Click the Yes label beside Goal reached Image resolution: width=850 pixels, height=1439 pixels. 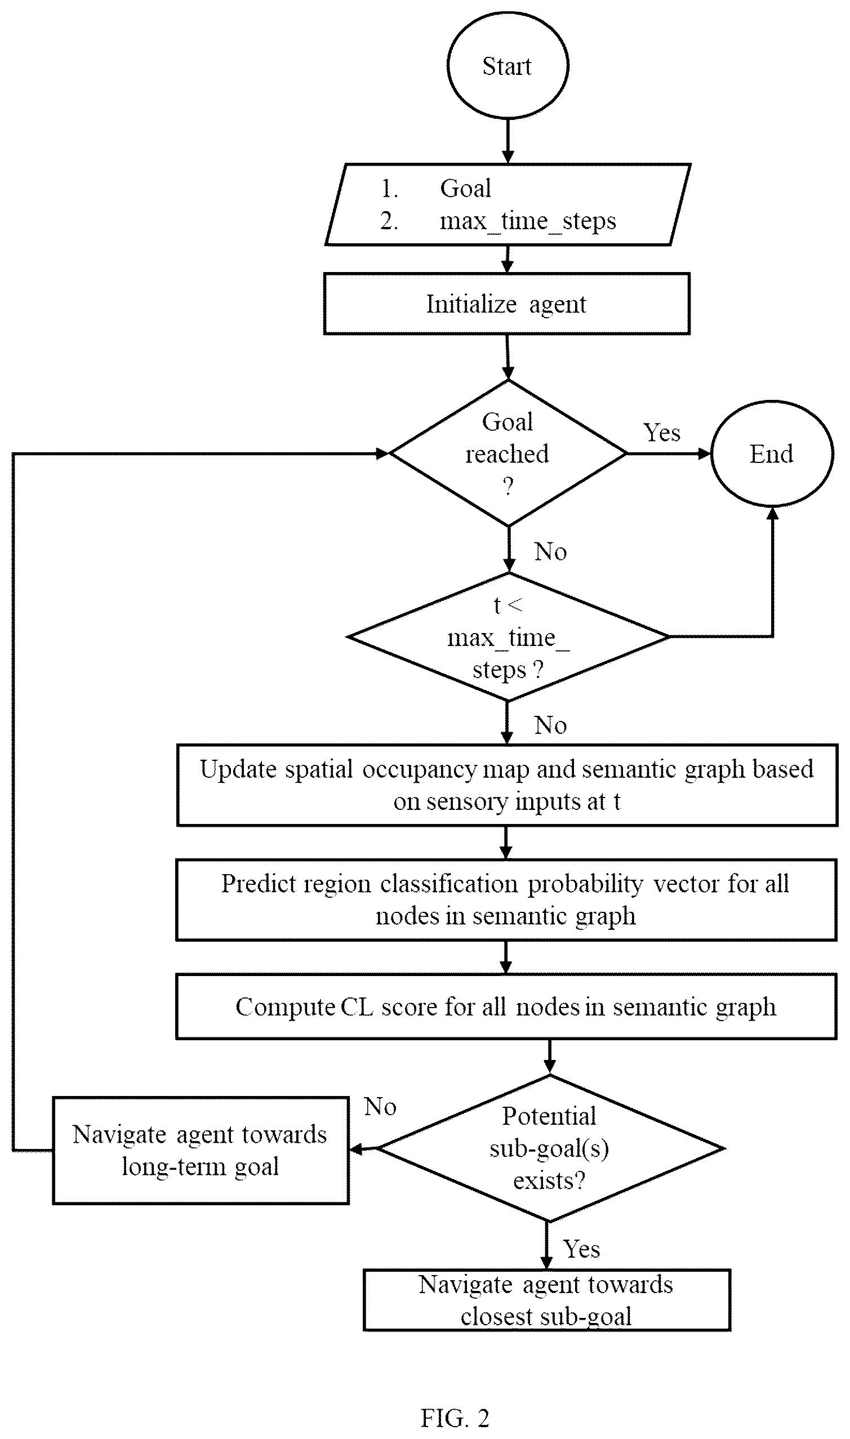(x=662, y=433)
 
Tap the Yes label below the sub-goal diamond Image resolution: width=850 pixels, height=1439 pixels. (x=581, y=1249)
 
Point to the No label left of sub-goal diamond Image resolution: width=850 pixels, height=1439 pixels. (x=380, y=1106)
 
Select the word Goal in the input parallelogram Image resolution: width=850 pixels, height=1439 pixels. (x=466, y=188)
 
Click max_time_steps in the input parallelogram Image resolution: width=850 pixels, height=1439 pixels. (x=528, y=221)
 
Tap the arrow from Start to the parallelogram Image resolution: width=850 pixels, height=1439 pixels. (x=508, y=141)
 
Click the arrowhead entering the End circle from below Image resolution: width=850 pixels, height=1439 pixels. (x=772, y=514)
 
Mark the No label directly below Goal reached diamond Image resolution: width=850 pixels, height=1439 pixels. (x=550, y=551)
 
